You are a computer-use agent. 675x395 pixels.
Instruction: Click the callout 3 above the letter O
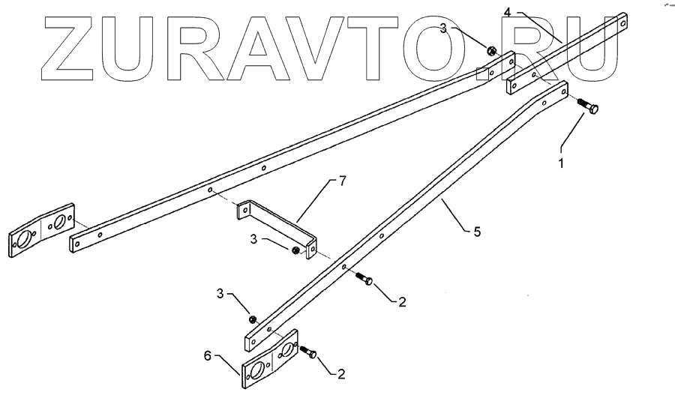click(x=443, y=28)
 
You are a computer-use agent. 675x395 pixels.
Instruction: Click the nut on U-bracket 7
click(x=298, y=250)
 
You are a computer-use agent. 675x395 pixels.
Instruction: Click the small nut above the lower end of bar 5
click(x=253, y=319)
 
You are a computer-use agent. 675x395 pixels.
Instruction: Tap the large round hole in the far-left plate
click(x=22, y=241)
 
